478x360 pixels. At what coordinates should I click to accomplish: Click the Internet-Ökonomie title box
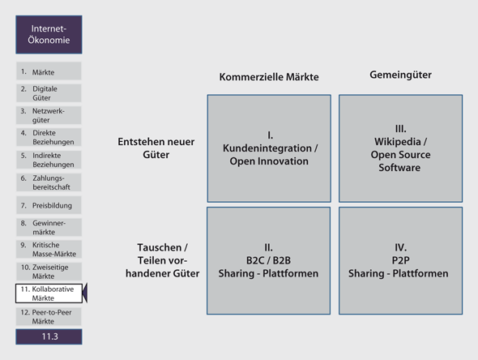click(x=49, y=35)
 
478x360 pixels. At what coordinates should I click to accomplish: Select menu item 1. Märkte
click(x=49, y=71)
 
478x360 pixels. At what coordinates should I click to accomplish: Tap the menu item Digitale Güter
click(x=49, y=93)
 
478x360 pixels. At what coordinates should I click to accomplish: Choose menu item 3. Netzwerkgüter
click(x=49, y=115)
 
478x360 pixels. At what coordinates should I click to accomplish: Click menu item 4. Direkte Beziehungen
click(x=49, y=137)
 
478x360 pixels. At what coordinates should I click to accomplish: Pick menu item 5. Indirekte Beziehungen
click(x=49, y=160)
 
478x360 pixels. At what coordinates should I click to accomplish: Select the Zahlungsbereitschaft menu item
click(x=49, y=182)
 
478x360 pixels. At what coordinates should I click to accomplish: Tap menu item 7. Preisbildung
click(x=49, y=205)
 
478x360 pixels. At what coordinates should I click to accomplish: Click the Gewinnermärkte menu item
click(x=49, y=227)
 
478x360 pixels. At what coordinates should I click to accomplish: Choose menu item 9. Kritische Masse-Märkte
click(x=49, y=249)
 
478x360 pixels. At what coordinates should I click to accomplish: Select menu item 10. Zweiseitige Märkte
click(x=49, y=272)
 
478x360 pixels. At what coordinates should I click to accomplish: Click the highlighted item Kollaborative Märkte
click(x=49, y=294)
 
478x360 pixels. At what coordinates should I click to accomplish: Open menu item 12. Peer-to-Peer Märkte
click(x=49, y=317)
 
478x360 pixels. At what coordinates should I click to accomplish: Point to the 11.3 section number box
click(x=49, y=336)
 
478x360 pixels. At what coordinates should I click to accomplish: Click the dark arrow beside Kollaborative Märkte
click(x=85, y=293)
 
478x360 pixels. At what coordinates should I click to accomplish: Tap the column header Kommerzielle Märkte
click(x=269, y=76)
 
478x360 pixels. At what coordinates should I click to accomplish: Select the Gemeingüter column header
click(x=400, y=75)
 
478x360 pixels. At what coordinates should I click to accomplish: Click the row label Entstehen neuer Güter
click(x=156, y=148)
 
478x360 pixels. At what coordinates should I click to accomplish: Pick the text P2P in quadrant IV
click(x=400, y=260)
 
